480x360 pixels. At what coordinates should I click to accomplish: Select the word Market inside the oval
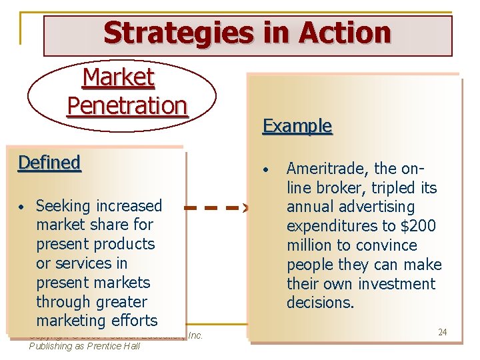pyautogui.click(x=118, y=78)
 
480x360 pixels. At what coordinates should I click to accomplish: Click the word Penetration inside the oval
pyautogui.click(x=127, y=105)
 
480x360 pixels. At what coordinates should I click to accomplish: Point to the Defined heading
pyautogui.click(x=49, y=163)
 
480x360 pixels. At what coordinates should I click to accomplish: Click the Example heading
pyautogui.click(x=297, y=126)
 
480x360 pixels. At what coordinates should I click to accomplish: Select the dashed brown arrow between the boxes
pyautogui.click(x=216, y=208)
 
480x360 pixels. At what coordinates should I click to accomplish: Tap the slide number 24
pyautogui.click(x=442, y=332)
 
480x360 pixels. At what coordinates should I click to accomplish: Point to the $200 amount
pyautogui.click(x=419, y=226)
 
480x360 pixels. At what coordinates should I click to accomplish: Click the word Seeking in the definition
pyautogui.click(x=65, y=206)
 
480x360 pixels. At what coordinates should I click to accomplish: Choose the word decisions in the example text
pyautogui.click(x=319, y=303)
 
